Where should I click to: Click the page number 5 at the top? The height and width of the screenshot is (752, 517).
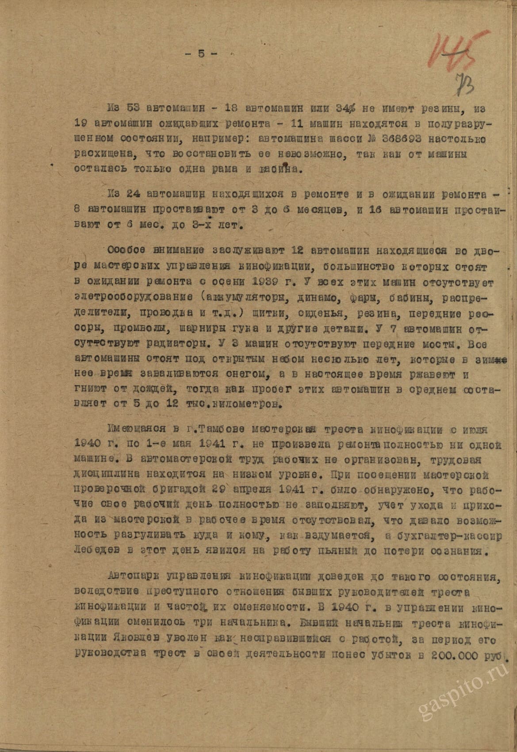coord(201,54)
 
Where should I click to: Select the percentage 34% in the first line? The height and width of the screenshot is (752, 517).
coord(348,109)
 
